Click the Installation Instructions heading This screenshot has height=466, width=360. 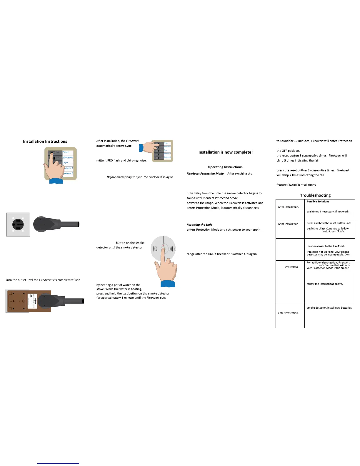pos(45,142)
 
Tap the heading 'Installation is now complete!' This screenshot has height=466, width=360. pos(226,152)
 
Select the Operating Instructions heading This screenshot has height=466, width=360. pos(225,167)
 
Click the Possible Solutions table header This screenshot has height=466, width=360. pos(318,202)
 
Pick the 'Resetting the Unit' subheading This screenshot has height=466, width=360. pos(199,225)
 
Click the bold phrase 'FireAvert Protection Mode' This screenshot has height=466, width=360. pos(205,174)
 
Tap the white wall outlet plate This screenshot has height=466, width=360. pos(18,224)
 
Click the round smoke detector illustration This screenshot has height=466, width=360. pos(164,249)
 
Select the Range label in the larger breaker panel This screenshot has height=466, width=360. pos(66,152)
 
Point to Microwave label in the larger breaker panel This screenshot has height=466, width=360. pos(68,157)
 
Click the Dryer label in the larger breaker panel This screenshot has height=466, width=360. pos(66,163)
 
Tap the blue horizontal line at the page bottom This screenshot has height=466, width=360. pos(58,463)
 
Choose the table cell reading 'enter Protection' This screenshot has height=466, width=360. pos(288,313)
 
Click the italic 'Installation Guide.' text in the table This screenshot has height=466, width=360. pos(333,232)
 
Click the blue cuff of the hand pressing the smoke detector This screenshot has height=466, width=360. pos(168,284)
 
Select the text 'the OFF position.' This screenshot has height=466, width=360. pos(288,151)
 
